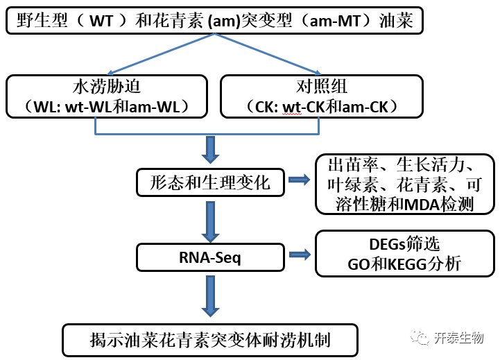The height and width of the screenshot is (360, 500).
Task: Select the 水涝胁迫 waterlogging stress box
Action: pos(106,96)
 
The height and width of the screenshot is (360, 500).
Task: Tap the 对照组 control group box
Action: pos(321,96)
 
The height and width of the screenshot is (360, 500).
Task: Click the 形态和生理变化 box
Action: pos(210,182)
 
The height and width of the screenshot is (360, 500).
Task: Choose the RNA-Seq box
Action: pos(210,256)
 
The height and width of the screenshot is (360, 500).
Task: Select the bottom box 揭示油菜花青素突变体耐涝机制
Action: pos(210,339)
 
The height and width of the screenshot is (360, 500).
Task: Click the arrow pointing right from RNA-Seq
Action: pos(299,256)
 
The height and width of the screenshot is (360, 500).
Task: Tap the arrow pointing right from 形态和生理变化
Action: pos(299,181)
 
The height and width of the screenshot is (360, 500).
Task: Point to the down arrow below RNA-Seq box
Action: pos(210,295)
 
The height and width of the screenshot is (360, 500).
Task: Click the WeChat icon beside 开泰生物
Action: pos(421,338)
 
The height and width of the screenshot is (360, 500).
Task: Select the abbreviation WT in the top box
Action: pos(104,21)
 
